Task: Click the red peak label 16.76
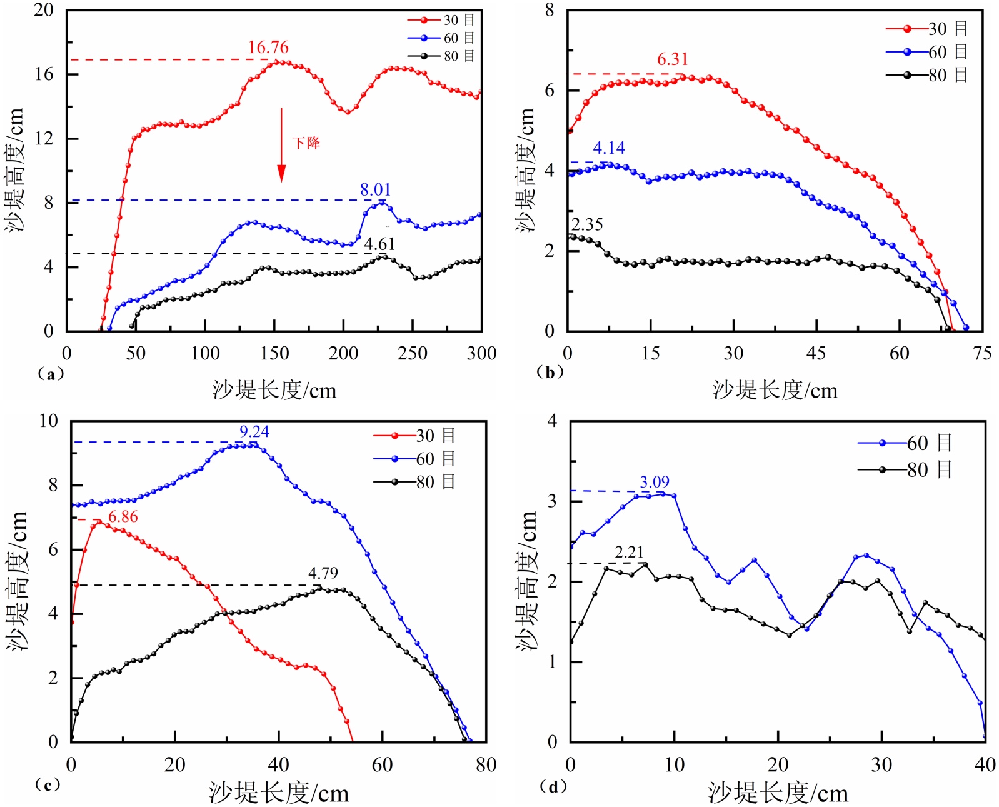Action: pos(268,48)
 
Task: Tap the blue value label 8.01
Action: pos(375,190)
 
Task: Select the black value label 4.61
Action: pos(379,244)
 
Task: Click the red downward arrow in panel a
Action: pos(281,145)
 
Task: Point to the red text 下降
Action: pos(306,143)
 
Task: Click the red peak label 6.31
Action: pos(673,59)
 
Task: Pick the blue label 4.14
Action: pos(609,148)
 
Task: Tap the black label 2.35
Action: pos(588,225)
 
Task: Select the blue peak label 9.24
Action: pos(254,432)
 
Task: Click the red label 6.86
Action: pos(123,517)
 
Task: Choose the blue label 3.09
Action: pos(655,483)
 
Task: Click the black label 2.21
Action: pos(629,553)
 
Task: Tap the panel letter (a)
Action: pos(51,374)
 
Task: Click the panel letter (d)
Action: pos(553,786)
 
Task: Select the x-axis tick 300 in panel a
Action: pos(481,354)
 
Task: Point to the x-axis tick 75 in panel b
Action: pos(982,354)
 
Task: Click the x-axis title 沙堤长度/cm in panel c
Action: pos(279,793)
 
